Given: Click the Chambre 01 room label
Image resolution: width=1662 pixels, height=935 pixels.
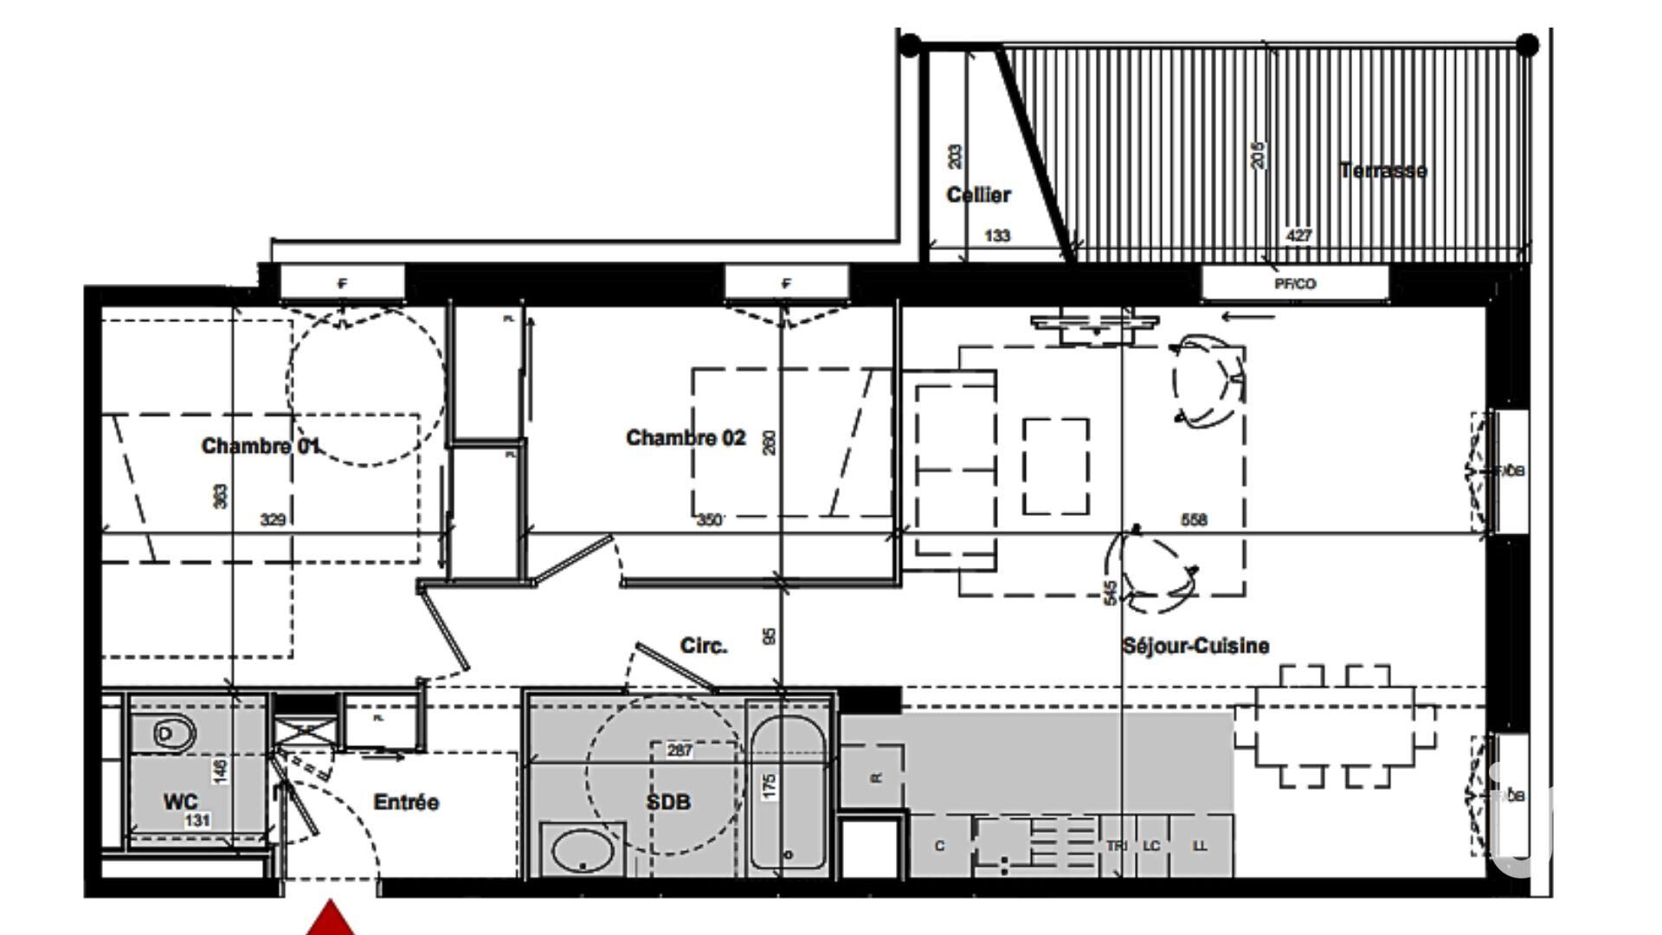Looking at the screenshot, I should pyautogui.click(x=260, y=446).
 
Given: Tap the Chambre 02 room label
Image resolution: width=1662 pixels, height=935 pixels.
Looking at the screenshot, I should pyautogui.click(x=685, y=438).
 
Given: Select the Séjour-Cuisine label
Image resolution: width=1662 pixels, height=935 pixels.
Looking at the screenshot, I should pyautogui.click(x=1195, y=646).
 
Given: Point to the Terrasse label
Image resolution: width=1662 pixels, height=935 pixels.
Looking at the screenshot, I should pyautogui.click(x=1382, y=171).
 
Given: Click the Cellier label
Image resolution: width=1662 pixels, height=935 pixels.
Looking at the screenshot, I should pyautogui.click(x=978, y=195).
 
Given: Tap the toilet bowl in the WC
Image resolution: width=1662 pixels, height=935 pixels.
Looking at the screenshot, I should pyautogui.click(x=173, y=734).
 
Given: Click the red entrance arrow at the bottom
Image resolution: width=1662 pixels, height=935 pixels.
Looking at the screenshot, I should pyautogui.click(x=330, y=919).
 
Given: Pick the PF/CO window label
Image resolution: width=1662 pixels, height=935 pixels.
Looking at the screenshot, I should pyautogui.click(x=1295, y=284).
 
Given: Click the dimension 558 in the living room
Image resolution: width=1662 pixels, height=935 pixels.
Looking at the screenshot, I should pyautogui.click(x=1194, y=519).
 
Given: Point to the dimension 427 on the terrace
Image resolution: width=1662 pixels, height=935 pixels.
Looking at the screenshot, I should pyautogui.click(x=1298, y=235).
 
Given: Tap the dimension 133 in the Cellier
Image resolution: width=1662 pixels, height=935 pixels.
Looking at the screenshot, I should pyautogui.click(x=997, y=235).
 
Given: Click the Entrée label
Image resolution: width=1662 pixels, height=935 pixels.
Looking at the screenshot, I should pyautogui.click(x=406, y=803).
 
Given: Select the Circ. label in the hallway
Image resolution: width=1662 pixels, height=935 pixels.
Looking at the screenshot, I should pyautogui.click(x=704, y=646).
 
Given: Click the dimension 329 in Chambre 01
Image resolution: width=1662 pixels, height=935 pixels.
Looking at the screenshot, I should pyautogui.click(x=274, y=519).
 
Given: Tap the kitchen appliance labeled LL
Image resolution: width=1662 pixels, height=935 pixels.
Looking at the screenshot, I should pyautogui.click(x=1200, y=846).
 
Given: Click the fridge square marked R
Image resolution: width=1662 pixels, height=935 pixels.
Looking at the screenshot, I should pyautogui.click(x=874, y=777).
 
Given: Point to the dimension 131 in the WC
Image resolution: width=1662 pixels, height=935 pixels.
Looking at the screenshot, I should pyautogui.click(x=196, y=820).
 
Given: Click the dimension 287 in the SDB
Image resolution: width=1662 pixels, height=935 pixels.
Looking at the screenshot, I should pyautogui.click(x=680, y=751).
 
